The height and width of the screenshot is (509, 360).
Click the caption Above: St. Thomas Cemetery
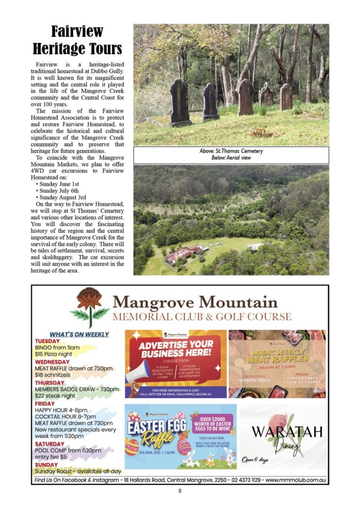point(231,151)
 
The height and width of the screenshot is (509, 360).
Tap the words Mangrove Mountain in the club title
point(195,302)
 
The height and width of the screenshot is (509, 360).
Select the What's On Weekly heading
point(79,334)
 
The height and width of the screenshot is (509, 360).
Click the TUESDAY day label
point(48,341)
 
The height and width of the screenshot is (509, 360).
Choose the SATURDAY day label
point(49,444)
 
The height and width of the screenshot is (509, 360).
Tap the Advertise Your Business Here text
point(176,349)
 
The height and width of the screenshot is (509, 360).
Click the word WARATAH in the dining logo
point(287,431)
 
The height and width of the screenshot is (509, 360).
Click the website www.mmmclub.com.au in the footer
point(295,480)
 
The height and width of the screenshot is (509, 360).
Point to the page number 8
point(180,491)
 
